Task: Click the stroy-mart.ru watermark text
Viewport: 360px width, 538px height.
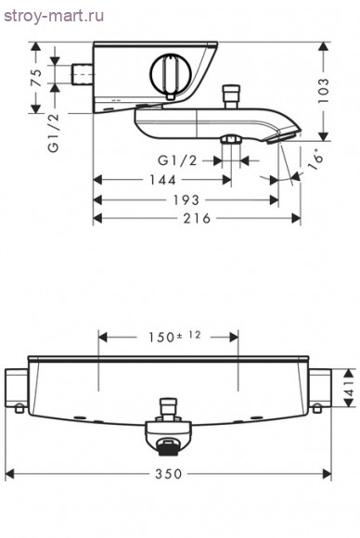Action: tap(54, 16)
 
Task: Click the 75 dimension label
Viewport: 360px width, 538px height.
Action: tap(36, 78)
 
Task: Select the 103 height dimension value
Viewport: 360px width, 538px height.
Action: tap(323, 90)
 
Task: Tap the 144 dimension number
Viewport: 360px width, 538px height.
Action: tap(162, 180)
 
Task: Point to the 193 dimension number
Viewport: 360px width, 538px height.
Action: tap(186, 200)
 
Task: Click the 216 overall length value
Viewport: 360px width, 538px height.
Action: tap(197, 218)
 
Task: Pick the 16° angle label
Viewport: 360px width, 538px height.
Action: tap(316, 161)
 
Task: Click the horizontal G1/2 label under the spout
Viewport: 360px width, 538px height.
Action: tap(177, 160)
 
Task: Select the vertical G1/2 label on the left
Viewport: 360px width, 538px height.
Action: tap(54, 133)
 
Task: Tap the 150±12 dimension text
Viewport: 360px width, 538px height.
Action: tap(174, 336)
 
